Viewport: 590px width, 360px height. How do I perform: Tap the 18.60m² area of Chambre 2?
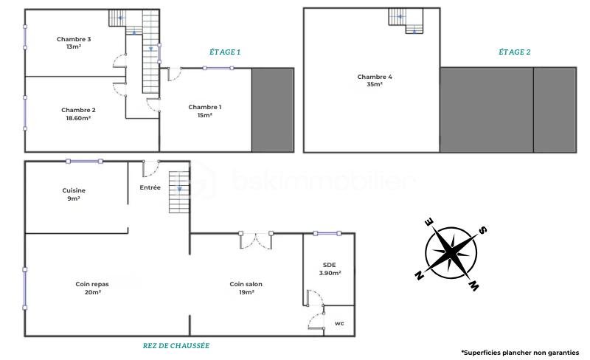point(78,118)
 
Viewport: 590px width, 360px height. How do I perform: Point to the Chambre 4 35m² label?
point(375,80)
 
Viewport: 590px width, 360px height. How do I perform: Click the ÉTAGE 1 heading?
point(225,52)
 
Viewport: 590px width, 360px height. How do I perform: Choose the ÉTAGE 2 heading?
point(514,52)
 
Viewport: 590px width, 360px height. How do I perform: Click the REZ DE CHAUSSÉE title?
point(176,346)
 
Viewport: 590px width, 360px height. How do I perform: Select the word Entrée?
point(150,187)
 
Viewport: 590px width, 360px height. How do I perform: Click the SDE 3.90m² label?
point(330,269)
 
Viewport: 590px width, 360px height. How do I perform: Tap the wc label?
point(339,323)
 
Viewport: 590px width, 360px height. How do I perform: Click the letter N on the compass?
point(419,275)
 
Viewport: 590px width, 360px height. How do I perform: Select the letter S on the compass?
point(483,229)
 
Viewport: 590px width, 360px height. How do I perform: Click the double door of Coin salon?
point(256,240)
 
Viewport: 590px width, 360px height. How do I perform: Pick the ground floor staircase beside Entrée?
point(178,193)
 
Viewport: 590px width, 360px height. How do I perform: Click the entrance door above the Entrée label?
point(150,168)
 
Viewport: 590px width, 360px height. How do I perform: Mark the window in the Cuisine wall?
point(84,161)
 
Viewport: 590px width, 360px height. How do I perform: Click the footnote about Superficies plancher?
point(521,353)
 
